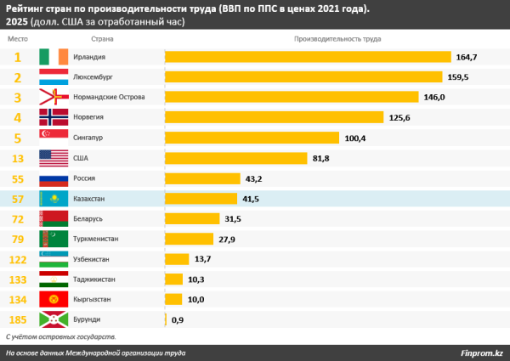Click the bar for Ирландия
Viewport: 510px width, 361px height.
click(307, 57)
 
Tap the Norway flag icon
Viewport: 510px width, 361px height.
click(54, 117)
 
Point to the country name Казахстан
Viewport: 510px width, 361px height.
click(91, 198)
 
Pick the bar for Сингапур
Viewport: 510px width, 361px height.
click(252, 138)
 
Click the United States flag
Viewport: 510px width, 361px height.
click(54, 158)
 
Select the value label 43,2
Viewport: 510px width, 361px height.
click(254, 178)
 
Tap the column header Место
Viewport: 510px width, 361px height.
click(18, 39)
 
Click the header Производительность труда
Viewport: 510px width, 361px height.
click(337, 39)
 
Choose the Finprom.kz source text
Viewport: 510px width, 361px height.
click(482, 353)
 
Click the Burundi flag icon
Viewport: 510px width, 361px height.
click(54, 319)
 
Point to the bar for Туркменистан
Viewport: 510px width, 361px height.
click(197, 239)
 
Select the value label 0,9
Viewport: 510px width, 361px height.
click(178, 319)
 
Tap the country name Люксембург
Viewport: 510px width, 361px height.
click(93, 77)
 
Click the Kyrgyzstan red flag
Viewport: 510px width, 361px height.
click(54, 299)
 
